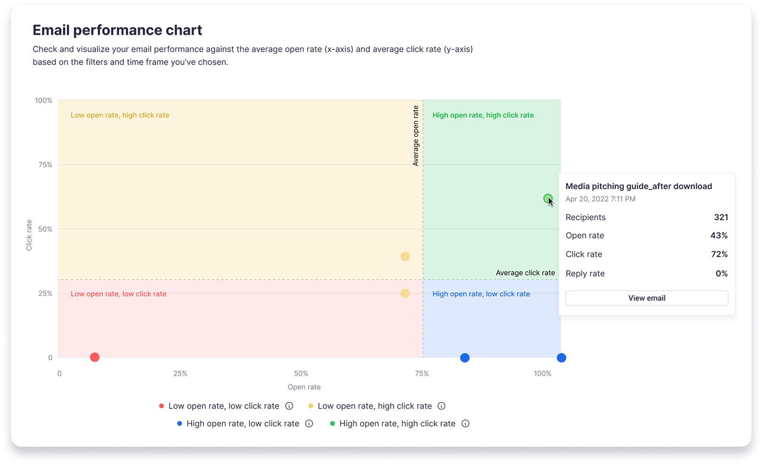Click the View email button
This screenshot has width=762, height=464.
coord(646,298)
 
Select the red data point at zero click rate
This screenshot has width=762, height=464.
coord(95,357)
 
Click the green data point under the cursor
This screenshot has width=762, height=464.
coord(548,198)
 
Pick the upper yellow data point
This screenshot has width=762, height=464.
coord(405,256)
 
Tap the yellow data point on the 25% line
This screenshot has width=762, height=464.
coord(405,293)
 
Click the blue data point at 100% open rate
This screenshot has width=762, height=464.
coord(561,358)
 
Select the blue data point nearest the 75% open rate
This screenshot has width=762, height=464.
coord(465,358)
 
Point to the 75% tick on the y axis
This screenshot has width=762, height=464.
coord(45,165)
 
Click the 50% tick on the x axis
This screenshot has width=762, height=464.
coord(301,373)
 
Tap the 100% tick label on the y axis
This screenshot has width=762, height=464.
coord(43,101)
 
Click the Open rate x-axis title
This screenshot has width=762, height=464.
coord(304,387)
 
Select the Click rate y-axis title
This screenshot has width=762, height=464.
coord(29,235)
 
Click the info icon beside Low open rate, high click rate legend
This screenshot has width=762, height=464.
coord(441,406)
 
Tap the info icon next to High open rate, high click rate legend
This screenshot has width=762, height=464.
coord(465,424)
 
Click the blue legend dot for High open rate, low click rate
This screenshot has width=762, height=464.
coord(180,424)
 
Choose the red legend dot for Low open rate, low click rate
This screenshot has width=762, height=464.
coord(161,406)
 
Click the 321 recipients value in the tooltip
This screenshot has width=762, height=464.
coord(721,217)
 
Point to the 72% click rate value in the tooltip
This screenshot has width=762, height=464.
coord(719,254)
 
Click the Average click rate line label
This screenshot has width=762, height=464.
coord(525,273)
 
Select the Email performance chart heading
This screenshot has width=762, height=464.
coord(117,30)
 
